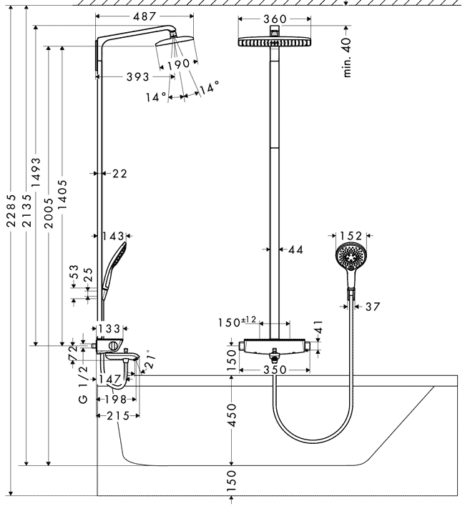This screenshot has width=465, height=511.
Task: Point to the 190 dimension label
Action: coord(178,64)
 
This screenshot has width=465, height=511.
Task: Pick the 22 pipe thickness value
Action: coord(119,173)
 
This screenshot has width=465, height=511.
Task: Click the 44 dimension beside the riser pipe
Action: coord(295,249)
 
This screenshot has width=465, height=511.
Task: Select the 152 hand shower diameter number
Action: coord(351,235)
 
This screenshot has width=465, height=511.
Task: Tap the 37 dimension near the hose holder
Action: coord(372,307)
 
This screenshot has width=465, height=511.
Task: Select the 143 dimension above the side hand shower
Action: coord(113,236)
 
